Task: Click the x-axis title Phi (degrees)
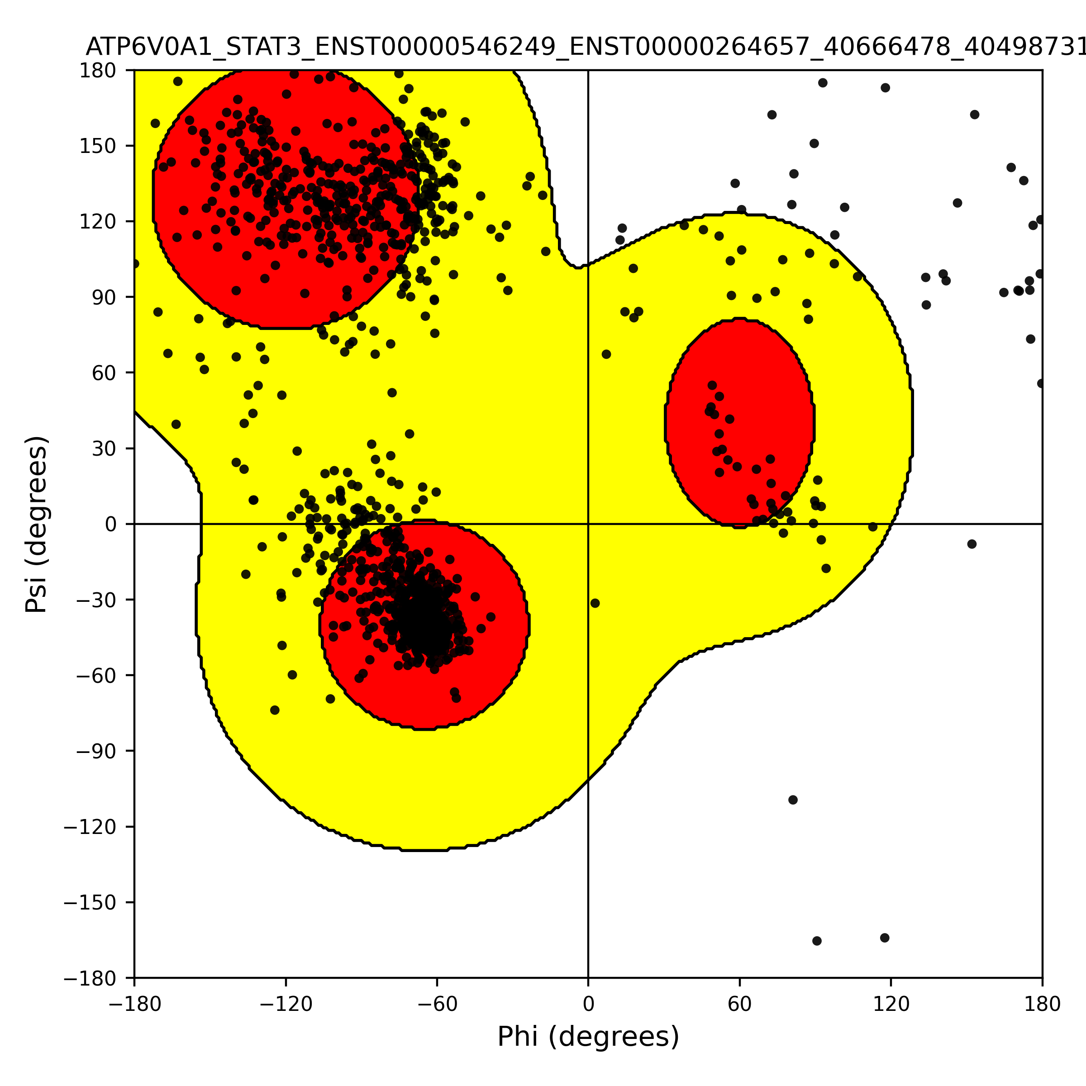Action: click(x=588, y=1037)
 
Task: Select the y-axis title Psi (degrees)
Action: click(x=37, y=524)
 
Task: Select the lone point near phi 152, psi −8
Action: click(x=972, y=544)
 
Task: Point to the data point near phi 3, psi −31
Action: click(x=595, y=603)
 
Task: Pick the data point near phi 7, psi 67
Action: click(x=606, y=354)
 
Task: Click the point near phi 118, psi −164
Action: click(x=885, y=938)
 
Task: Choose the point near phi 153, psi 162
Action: click(x=975, y=114)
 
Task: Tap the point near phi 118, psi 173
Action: click(x=886, y=88)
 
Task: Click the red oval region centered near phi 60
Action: click(x=739, y=422)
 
